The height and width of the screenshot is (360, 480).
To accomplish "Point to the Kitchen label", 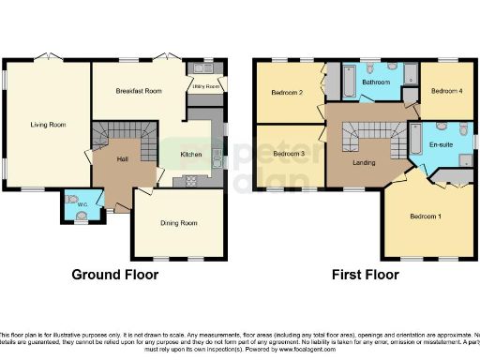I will [x=191, y=156].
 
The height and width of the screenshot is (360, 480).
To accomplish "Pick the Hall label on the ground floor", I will [x=121, y=160].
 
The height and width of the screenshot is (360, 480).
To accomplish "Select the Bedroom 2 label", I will [x=287, y=92].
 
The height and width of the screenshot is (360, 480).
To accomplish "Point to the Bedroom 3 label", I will [x=288, y=153].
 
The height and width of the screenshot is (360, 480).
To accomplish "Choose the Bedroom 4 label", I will [x=444, y=91].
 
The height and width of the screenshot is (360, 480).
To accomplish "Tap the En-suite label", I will [x=441, y=145].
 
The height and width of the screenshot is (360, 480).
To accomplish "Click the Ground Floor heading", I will [x=115, y=275].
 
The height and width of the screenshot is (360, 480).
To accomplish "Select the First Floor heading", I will [x=365, y=275].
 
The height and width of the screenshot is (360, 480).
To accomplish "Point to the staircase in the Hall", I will [x=119, y=135].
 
